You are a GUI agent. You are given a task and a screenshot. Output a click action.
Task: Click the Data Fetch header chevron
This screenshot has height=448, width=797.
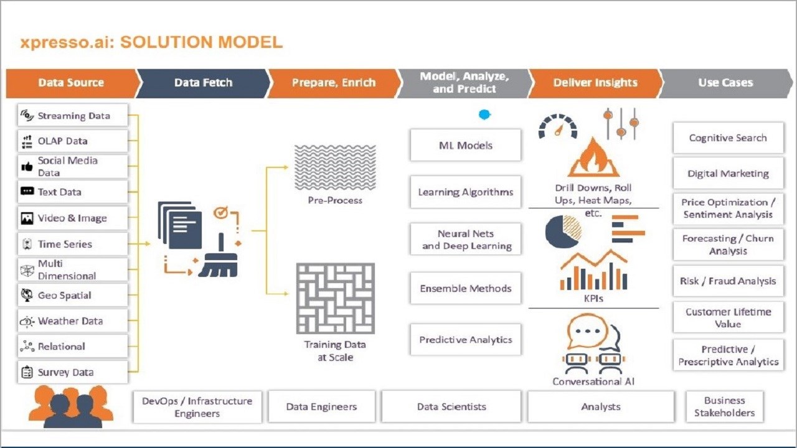tap(203, 83)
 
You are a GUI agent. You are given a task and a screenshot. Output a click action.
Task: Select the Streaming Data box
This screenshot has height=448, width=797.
tap(73, 116)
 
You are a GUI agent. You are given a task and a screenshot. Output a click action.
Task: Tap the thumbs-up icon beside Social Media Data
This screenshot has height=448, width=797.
tap(27, 167)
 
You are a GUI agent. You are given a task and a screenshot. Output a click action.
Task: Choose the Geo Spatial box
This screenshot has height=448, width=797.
tap(73, 296)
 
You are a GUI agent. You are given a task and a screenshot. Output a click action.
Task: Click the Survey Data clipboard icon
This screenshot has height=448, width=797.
tap(27, 373)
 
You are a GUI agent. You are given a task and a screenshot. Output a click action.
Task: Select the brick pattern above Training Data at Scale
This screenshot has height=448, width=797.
tap(335, 298)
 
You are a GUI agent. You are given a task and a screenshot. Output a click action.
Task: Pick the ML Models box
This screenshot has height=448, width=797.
tap(465, 146)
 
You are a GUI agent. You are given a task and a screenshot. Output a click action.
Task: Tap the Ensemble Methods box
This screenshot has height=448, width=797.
tap(465, 289)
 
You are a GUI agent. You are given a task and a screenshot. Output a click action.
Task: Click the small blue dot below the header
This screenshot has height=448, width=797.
tap(484, 114)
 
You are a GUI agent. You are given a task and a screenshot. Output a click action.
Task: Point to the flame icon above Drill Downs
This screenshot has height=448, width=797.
tap(593, 158)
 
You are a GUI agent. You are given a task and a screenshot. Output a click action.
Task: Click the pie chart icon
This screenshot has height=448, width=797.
tap(563, 230)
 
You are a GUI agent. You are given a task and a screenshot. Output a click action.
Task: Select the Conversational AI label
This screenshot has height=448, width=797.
tap(593, 381)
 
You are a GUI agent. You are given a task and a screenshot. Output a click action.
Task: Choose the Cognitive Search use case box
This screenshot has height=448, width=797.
tap(727, 138)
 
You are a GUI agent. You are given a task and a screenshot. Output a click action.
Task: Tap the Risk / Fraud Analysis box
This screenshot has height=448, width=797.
tap(727, 281)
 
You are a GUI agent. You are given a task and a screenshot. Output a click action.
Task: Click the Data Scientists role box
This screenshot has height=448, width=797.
tap(451, 407)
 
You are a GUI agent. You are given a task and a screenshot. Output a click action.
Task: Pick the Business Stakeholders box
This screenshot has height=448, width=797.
tap(724, 407)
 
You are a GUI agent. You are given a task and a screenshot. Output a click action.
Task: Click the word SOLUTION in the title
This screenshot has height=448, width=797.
tap(165, 42)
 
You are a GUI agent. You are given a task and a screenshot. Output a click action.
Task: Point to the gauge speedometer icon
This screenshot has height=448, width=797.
tap(557, 126)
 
